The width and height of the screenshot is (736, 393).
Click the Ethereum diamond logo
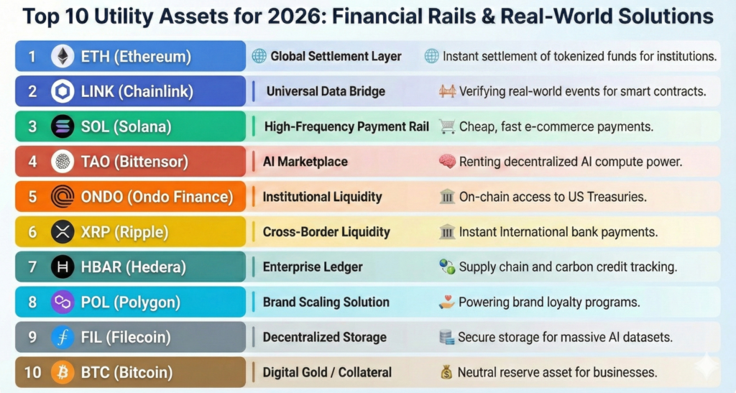coord(63,56)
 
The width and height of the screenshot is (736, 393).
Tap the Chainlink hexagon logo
coord(63,91)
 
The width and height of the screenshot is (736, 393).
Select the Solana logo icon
coord(63,126)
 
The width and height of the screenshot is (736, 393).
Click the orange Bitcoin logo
coord(63,372)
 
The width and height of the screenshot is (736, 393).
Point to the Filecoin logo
coord(63,337)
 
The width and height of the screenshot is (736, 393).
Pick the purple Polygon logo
coord(63,302)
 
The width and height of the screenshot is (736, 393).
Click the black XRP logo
coord(63,231)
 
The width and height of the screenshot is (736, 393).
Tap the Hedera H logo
coord(63,267)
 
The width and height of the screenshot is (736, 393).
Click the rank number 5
coord(32,197)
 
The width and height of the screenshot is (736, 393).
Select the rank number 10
coord(32,372)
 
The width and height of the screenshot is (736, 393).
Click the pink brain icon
coord(447,162)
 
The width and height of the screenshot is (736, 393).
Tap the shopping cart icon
coord(447,126)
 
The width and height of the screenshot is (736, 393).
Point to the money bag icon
coord(446,372)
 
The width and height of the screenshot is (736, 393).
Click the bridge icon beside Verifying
coord(447,91)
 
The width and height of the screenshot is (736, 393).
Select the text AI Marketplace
coord(305,162)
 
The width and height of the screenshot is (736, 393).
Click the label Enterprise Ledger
coord(313,267)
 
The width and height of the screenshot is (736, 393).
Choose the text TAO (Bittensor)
coord(134,162)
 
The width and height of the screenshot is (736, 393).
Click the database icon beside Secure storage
coord(446,337)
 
